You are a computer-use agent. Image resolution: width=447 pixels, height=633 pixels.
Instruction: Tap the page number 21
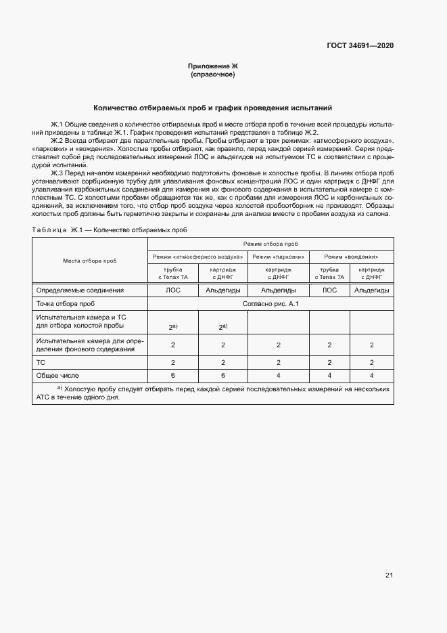[389, 575]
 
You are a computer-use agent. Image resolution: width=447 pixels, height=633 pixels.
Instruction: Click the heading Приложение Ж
[213, 66]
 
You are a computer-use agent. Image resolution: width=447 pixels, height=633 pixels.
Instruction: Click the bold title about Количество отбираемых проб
[213, 108]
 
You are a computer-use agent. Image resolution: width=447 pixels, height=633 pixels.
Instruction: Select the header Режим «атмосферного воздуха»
[197, 257]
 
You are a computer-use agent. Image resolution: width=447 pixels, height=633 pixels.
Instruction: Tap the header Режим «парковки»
[278, 257]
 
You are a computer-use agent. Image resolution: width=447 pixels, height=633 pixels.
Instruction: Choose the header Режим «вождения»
[350, 257]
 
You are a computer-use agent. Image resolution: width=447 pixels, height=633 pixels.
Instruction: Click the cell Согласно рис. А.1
[270, 304]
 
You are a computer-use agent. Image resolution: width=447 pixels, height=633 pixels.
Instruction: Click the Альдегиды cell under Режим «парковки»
[278, 290]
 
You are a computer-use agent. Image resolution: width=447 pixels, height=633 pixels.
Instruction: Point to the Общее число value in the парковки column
[278, 375]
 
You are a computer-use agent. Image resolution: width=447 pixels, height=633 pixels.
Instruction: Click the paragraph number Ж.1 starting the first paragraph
[57, 125]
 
